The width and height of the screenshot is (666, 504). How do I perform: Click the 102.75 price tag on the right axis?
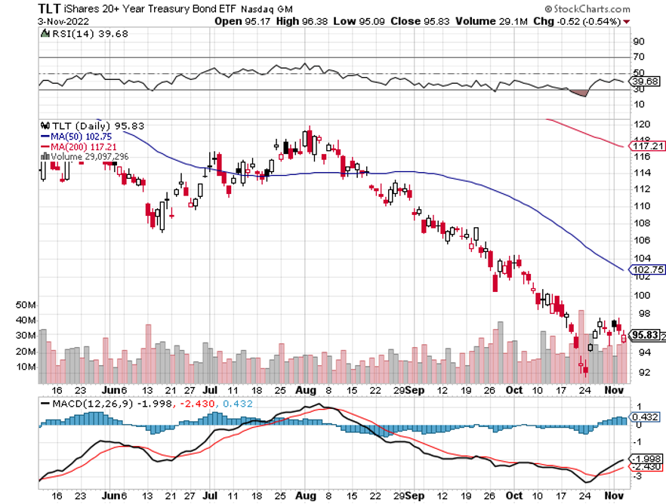[x=648, y=269]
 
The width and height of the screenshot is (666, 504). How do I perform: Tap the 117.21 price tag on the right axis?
[x=648, y=146]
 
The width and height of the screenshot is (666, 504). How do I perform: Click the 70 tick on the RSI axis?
[x=639, y=57]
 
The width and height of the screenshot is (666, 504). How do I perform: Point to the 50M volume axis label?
[x=26, y=305]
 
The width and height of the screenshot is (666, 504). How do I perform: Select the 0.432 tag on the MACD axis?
[x=646, y=417]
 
